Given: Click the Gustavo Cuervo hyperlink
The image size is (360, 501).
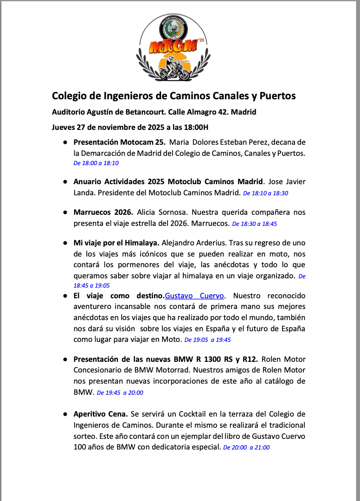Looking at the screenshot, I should click(195, 296).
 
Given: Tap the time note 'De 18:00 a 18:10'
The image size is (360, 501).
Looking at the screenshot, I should click(96, 163).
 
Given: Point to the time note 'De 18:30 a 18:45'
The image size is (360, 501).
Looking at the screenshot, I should click(255, 224).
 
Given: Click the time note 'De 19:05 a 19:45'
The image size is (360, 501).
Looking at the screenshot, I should click(207, 340).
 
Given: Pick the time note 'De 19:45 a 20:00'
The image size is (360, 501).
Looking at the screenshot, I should click(120, 392).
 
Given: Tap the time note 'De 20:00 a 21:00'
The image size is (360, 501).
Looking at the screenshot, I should click(246, 448).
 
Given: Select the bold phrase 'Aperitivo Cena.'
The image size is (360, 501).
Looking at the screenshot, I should click(101, 414).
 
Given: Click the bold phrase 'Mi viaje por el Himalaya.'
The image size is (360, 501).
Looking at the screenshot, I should click(116, 243).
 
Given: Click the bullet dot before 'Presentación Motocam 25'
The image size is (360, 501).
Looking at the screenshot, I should click(65, 142).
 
